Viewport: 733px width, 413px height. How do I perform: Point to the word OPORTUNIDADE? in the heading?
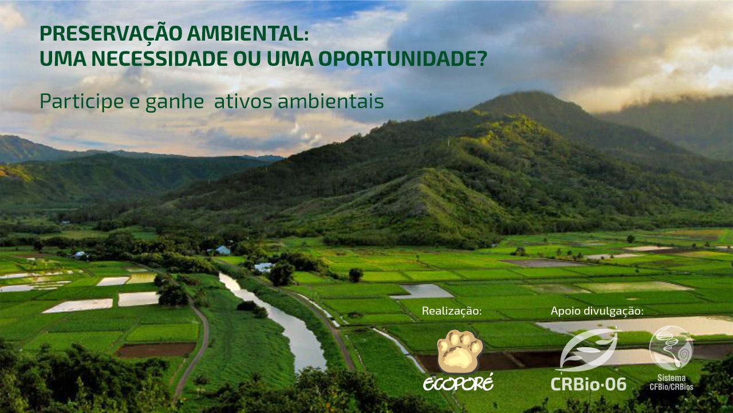coord(403,58)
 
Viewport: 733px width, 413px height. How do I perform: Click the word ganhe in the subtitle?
coord(175,102)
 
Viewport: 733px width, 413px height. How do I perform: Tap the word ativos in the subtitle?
coord(243,101)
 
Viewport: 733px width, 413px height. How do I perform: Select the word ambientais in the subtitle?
coord(331,101)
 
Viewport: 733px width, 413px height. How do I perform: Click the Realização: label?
coord(452,311)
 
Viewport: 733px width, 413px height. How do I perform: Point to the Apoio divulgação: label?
coord(597,311)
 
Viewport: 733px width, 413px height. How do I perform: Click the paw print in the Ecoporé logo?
coord(460,352)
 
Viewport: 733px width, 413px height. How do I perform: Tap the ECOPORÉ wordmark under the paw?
coord(459,384)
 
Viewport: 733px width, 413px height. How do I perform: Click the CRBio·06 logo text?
coord(588,384)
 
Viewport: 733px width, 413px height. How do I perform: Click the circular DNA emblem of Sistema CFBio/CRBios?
coord(672,348)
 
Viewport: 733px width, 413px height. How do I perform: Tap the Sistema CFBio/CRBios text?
coord(672,382)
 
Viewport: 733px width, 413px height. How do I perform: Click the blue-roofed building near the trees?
coord(223,250)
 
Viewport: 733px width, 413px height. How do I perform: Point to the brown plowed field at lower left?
coord(155,350)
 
